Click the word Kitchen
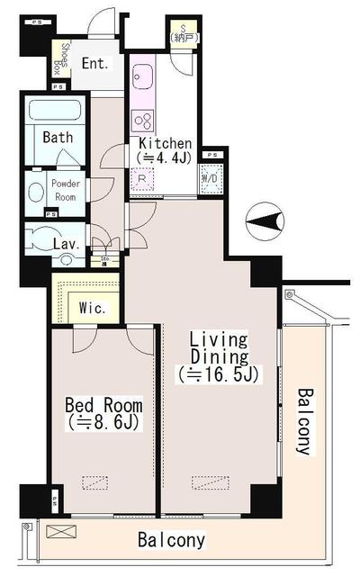(164, 143)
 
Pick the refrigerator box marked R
(143, 179)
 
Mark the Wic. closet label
(93, 308)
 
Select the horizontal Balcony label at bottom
(171, 541)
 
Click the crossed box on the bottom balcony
(57, 531)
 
